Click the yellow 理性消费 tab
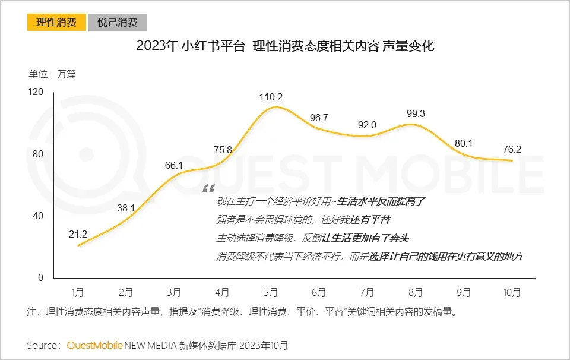(x=56, y=23)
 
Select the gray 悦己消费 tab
(x=118, y=23)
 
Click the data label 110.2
(x=271, y=97)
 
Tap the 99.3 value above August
(x=416, y=113)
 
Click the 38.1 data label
(x=126, y=209)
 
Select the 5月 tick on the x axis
(x=271, y=292)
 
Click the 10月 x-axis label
(x=511, y=292)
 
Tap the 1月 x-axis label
(x=78, y=292)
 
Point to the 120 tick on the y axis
(x=36, y=92)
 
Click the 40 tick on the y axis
(x=39, y=216)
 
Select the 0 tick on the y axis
(x=41, y=277)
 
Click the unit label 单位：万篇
(x=52, y=74)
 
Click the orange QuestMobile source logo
(x=95, y=345)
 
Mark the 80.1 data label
(x=463, y=143)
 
